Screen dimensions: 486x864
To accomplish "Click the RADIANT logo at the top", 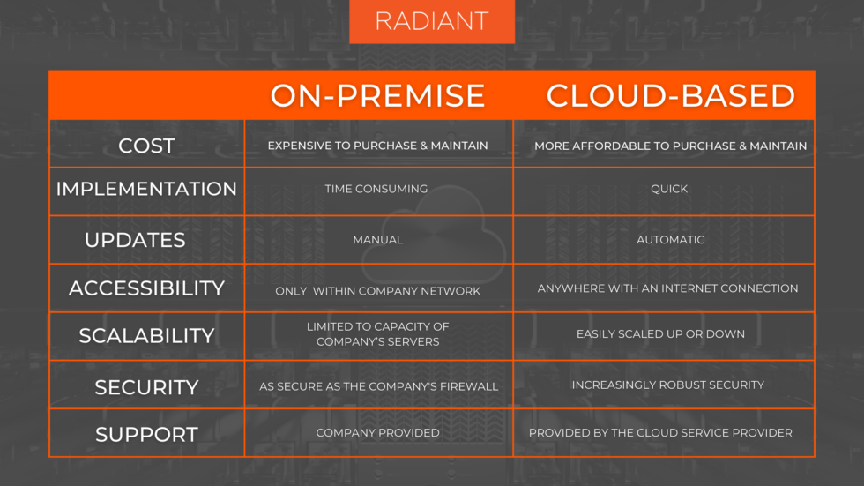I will [431, 21].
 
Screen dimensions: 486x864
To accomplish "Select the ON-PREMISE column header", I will [377, 96].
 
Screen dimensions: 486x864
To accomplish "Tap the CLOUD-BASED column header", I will [670, 96].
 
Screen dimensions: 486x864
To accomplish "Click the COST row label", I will [146, 146].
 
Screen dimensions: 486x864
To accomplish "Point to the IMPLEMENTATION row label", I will [146, 189].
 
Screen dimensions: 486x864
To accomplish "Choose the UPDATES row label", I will [135, 240].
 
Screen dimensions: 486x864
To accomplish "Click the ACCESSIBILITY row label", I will [146, 288].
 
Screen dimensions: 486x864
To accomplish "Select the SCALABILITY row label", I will [146, 336].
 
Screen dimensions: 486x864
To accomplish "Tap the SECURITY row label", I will [146, 387].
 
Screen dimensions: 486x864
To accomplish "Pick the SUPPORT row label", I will [146, 434].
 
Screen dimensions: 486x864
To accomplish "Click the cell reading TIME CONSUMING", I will [376, 189].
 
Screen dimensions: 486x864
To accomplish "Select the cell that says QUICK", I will [669, 189].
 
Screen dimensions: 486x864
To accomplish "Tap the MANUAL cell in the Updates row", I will [377, 240].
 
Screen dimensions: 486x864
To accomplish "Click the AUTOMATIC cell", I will [671, 240].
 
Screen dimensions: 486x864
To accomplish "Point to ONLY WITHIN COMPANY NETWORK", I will [377, 291].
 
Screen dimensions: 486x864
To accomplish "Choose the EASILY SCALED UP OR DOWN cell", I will [660, 334].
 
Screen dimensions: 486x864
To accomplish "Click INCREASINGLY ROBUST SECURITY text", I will [667, 385].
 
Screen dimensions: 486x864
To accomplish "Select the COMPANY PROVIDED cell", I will [377, 433].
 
